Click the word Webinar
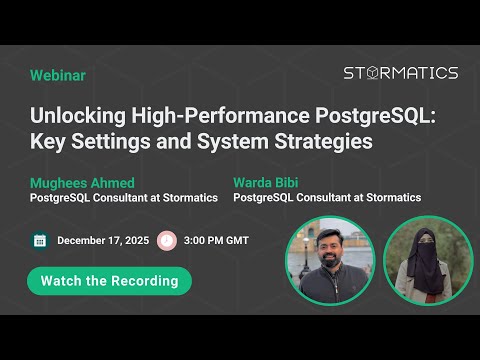(58, 75)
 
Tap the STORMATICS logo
(400, 73)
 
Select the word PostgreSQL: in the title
(380, 115)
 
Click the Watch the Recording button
(110, 280)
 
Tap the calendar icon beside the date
(40, 240)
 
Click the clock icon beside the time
(166, 240)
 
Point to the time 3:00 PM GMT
(216, 240)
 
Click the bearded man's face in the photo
(329, 249)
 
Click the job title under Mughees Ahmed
(124, 198)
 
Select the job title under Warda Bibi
(327, 198)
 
